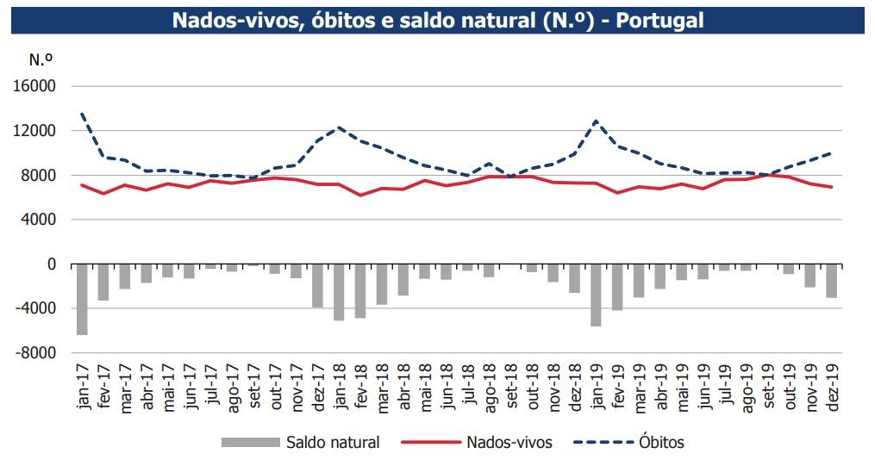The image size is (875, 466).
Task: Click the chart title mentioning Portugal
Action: pos(437,20)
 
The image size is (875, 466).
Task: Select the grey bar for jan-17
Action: pos(83,299)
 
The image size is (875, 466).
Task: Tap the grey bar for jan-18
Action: pos(340,292)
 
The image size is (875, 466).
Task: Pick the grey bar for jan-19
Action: pos(596,295)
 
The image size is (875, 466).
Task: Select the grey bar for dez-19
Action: pos(831,281)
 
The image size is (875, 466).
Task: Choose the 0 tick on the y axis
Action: pos(51,264)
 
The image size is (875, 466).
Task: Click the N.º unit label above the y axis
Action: pos(41,60)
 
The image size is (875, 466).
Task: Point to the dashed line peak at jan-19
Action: pos(596,121)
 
